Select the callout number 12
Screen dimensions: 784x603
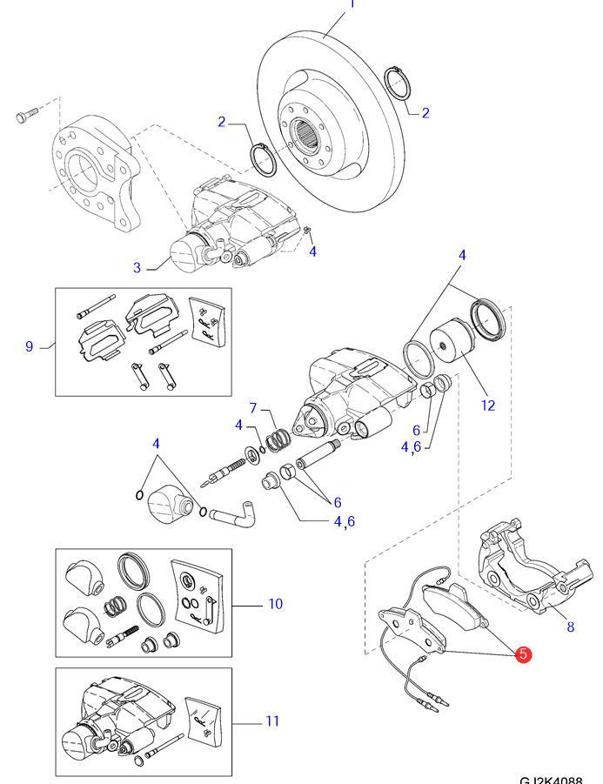click(x=487, y=405)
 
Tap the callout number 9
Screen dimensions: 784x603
click(x=29, y=346)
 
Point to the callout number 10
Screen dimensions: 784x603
click(x=276, y=603)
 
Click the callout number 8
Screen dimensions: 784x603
click(x=570, y=627)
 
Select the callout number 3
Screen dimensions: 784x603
click(x=137, y=268)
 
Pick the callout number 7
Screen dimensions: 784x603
click(x=253, y=408)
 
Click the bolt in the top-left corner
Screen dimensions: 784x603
click(x=25, y=114)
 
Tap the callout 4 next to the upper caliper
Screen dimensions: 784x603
click(x=313, y=251)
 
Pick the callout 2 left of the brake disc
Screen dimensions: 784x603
click(x=222, y=122)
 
